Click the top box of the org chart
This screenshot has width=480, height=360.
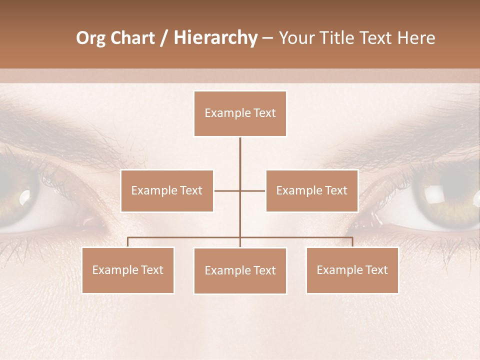(x=240, y=113)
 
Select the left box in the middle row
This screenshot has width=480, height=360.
(x=167, y=190)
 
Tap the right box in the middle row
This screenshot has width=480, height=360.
(x=311, y=190)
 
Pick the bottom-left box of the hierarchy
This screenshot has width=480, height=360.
(x=128, y=270)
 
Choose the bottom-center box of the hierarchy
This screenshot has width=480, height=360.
(x=240, y=270)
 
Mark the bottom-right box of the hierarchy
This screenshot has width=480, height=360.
(x=352, y=270)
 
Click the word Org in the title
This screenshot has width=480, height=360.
(x=90, y=38)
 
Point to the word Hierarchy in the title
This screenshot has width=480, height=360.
(x=215, y=38)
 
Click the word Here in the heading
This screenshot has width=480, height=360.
(x=416, y=38)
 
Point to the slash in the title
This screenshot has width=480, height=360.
(x=164, y=38)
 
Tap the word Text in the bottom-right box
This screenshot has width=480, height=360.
(x=376, y=270)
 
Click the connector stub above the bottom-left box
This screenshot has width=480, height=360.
(x=128, y=242)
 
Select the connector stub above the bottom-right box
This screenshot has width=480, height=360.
(x=352, y=242)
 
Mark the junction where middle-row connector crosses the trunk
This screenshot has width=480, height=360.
(x=240, y=190)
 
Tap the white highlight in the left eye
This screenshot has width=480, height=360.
(x=24, y=199)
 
